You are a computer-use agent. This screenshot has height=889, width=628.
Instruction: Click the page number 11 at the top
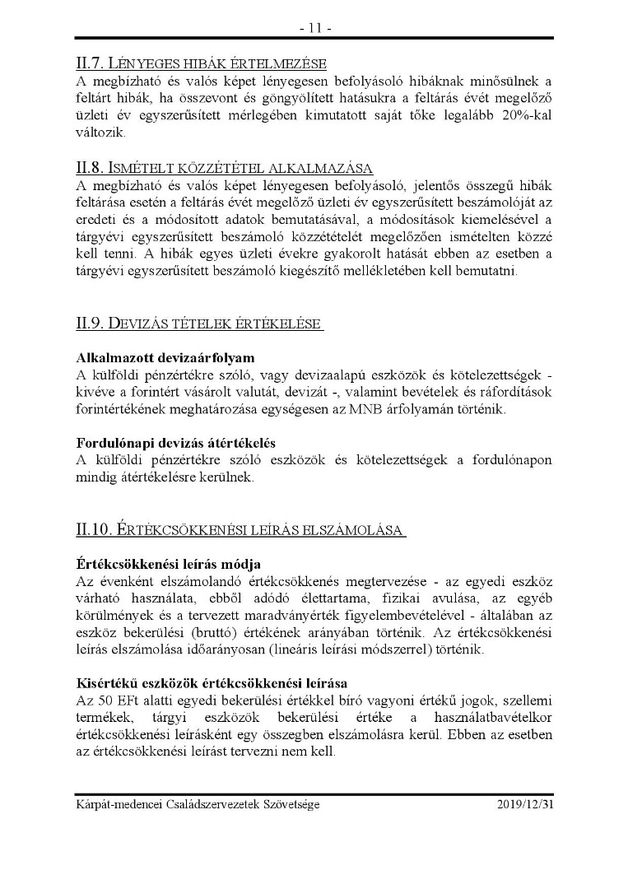click(x=314, y=28)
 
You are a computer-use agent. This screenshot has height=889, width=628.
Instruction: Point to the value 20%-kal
click(x=523, y=116)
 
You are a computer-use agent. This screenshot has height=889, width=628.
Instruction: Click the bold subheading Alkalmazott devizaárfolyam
click(x=165, y=358)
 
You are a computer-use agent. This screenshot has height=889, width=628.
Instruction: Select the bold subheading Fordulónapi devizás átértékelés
click(x=175, y=442)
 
